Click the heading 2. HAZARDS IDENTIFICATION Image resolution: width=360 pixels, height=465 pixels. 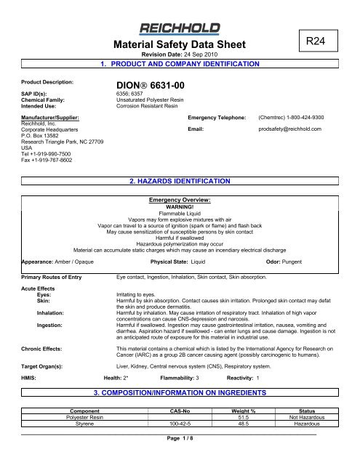tap(179, 179)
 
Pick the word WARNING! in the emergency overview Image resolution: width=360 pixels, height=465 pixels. tap(179, 206)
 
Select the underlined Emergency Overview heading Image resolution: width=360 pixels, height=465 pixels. tap(179, 200)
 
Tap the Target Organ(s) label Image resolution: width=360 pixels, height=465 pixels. tap(26, 369)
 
